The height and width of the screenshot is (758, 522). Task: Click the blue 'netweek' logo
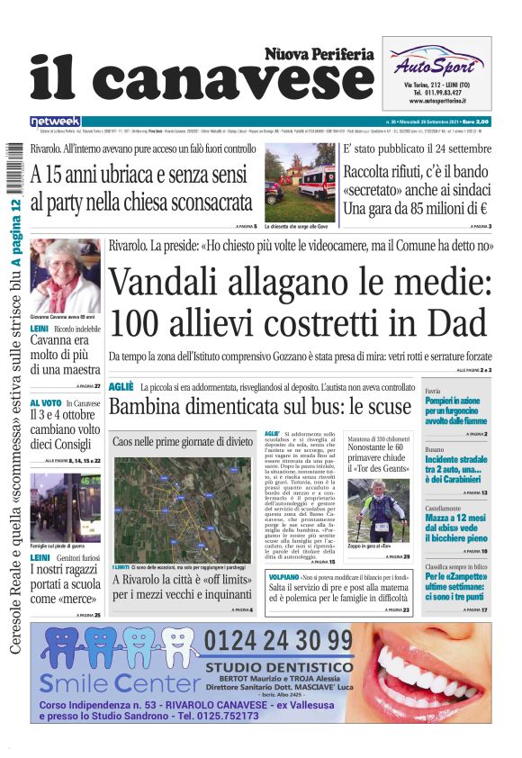[x=55, y=122]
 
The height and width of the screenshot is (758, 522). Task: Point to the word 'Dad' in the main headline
[x=455, y=322]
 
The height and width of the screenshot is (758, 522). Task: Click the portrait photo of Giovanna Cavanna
[x=66, y=275]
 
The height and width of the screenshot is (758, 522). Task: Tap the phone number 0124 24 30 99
[x=278, y=642]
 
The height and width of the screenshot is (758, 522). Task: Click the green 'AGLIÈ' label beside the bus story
[x=121, y=386]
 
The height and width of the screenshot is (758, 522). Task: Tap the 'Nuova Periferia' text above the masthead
[x=319, y=54]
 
